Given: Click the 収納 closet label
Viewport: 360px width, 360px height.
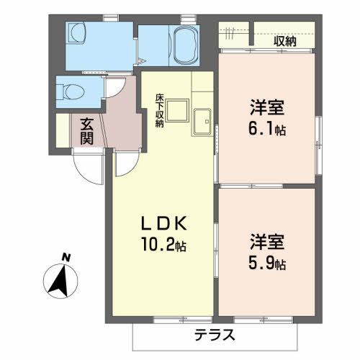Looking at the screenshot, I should (285, 40).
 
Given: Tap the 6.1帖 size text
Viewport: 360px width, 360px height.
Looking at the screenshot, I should (267, 130).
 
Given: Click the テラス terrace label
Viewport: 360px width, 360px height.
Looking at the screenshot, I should (215, 336).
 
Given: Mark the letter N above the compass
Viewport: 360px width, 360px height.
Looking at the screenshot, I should (66, 257).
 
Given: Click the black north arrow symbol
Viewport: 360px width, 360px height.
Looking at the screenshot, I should (62, 277).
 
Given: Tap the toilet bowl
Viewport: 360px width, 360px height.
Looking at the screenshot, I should (71, 91).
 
